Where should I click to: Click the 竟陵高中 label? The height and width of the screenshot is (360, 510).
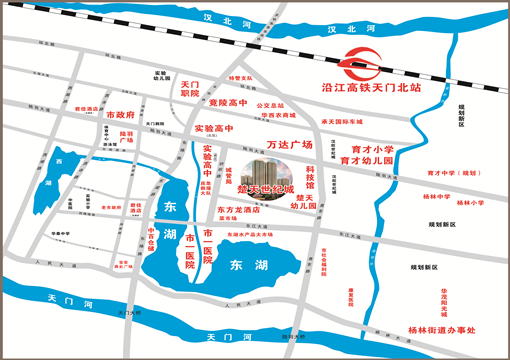(x=227, y=103)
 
